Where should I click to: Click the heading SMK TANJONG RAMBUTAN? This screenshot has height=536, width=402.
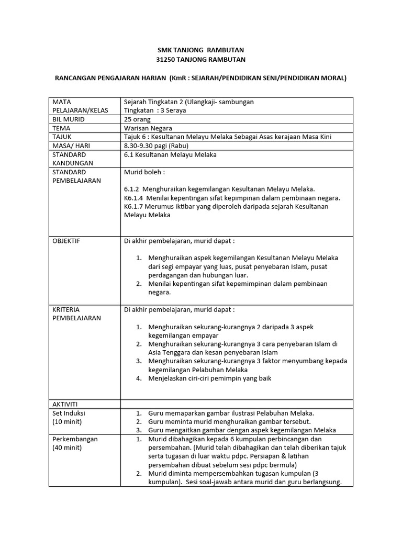click(201, 50)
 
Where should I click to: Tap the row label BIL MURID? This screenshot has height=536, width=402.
click(68, 119)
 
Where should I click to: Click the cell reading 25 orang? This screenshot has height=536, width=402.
click(137, 119)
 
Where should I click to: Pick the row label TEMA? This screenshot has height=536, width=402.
click(61, 128)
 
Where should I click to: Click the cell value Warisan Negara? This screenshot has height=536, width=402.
click(148, 128)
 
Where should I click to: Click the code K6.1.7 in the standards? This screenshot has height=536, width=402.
click(133, 206)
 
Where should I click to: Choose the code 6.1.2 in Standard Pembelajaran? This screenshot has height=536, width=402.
click(132, 189)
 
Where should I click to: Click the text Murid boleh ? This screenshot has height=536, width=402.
click(144, 172)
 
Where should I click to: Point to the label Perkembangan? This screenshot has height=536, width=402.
click(75, 439)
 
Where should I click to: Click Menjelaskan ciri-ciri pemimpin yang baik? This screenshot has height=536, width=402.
click(210, 378)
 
